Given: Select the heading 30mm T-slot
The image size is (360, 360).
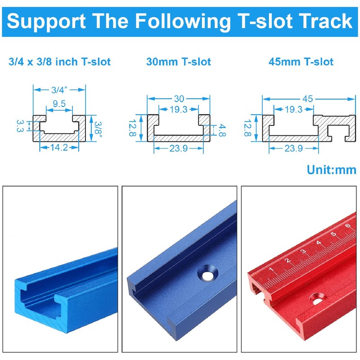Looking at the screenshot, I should point(179,62).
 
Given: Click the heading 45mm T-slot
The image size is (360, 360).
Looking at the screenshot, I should point(301,62).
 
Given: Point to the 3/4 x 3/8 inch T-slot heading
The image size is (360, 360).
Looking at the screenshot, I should point(59,62).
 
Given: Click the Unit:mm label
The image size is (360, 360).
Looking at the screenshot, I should point(331,170).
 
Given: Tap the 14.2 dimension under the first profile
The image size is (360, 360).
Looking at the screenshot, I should point(59,147).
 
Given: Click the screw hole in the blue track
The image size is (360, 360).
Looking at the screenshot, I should point(208,275).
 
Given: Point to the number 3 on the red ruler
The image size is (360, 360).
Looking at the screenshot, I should point(303,252).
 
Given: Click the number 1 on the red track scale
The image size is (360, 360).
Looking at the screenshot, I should point(271,270).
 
